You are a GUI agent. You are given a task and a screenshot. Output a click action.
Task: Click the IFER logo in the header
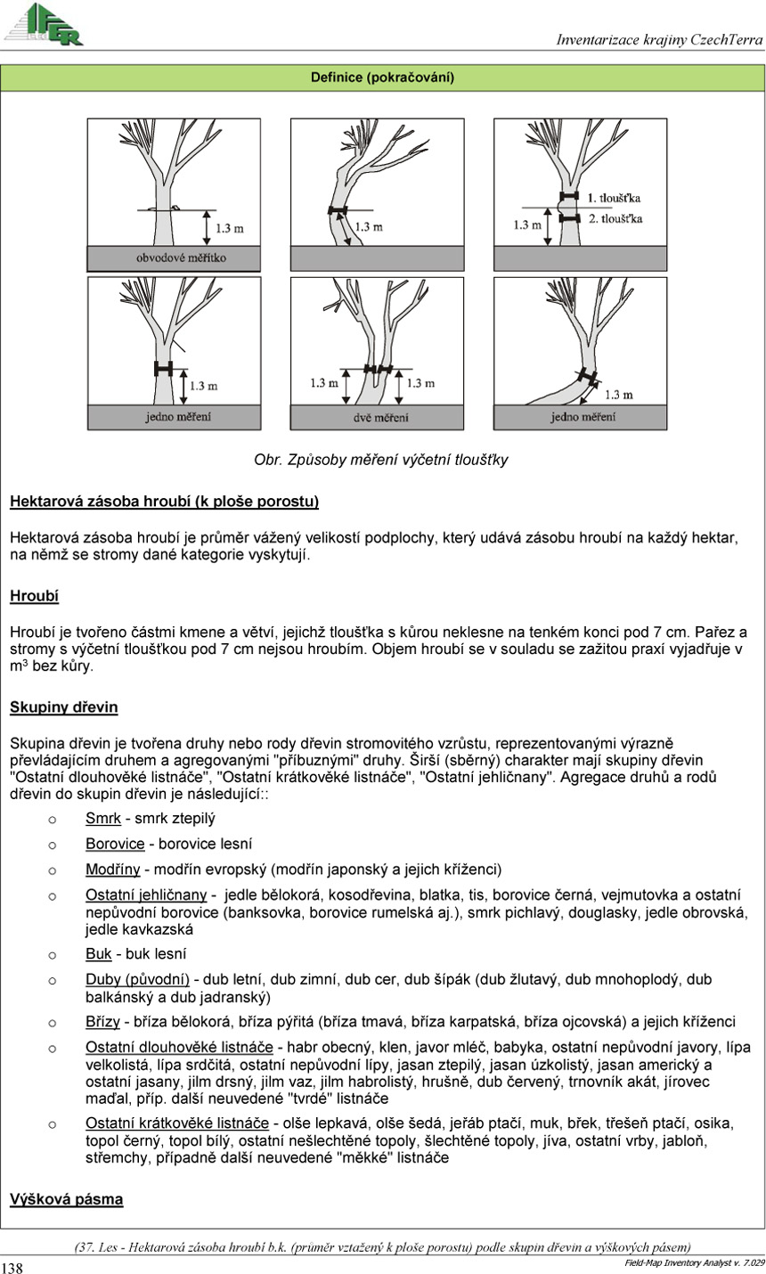click(x=45, y=24)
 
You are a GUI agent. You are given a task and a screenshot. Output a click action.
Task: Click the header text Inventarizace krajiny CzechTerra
click(x=659, y=39)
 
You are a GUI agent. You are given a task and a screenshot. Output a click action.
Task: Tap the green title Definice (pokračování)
click(x=382, y=78)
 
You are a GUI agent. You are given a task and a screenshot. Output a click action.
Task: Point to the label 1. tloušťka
click(x=615, y=196)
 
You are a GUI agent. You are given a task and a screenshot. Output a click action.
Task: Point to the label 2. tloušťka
click(x=615, y=217)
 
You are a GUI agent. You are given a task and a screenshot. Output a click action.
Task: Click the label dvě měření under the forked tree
click(x=378, y=417)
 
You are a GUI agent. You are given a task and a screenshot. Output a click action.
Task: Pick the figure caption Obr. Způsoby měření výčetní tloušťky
click(x=381, y=460)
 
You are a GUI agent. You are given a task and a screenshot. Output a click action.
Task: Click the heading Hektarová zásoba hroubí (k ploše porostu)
click(x=164, y=502)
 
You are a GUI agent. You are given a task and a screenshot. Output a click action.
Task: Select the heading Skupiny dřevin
click(x=63, y=707)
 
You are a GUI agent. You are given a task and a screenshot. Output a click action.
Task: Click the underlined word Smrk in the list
click(x=102, y=818)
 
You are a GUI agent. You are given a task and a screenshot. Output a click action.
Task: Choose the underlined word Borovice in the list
click(x=115, y=843)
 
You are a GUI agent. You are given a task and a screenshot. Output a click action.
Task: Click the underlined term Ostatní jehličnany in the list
click(x=146, y=894)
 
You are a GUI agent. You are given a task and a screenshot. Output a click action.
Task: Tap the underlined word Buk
click(x=98, y=953)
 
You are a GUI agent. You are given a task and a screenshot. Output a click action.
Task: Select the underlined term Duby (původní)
click(x=137, y=979)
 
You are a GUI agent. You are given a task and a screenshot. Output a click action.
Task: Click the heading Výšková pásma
click(x=66, y=1199)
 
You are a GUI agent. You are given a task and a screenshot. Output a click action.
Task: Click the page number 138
click(x=12, y=1267)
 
